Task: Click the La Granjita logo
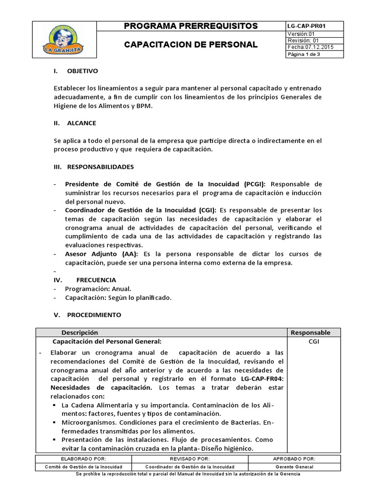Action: [65, 40]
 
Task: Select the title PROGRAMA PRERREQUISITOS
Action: [191, 26]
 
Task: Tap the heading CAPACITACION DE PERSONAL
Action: [191, 45]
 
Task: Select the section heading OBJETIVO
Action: [82, 71]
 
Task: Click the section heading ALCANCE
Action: [81, 123]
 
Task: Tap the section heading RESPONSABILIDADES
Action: [100, 167]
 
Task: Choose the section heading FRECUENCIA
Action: [96, 280]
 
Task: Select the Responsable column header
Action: [310, 333]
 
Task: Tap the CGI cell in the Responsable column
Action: [314, 342]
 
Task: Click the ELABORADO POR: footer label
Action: [83, 459]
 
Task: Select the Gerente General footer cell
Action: [294, 467]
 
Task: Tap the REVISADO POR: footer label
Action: [189, 459]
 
